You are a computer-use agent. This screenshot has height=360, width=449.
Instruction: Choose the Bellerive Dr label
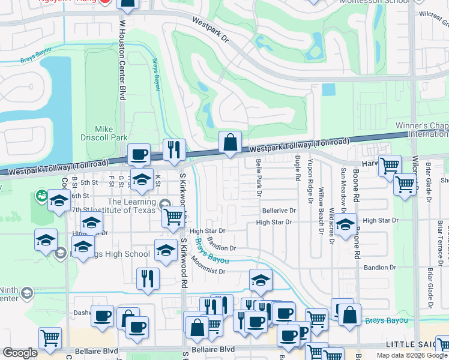[x=279, y=211]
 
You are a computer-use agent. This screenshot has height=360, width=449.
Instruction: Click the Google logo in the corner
[x=20, y=353]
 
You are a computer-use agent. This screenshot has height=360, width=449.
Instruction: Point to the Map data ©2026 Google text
[x=412, y=355]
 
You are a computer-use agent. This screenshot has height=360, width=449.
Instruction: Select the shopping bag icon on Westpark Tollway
[x=230, y=143]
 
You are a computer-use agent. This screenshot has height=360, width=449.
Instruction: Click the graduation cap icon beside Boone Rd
[x=345, y=226]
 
